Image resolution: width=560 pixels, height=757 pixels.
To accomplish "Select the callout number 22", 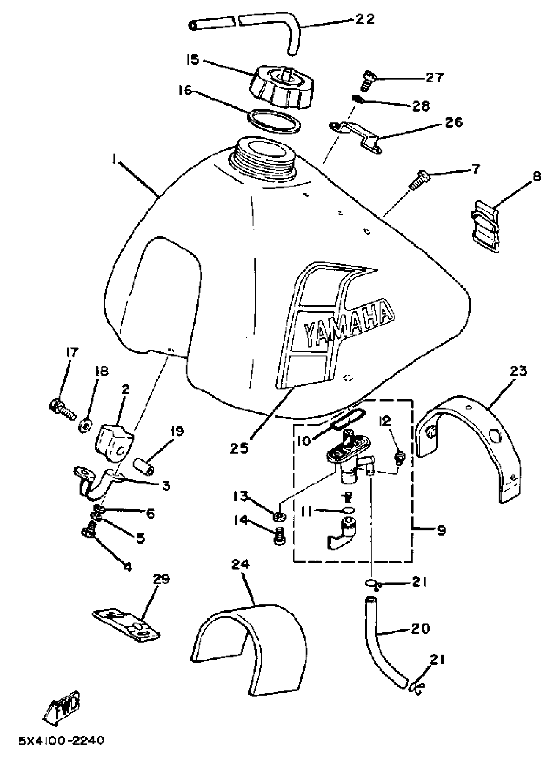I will point(365,19).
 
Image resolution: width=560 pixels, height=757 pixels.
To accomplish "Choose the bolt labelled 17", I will point(63,409).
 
